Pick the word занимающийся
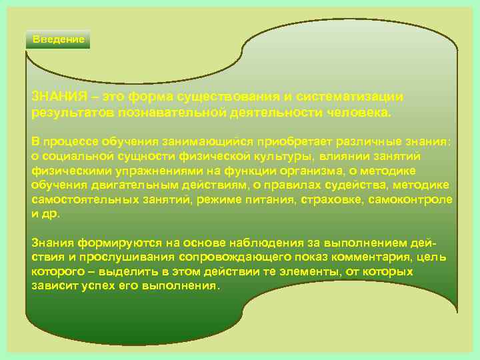(191, 142)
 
